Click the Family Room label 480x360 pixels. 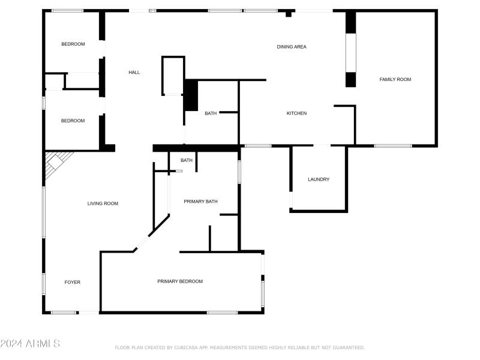[395, 79]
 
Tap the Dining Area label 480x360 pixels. [292, 47]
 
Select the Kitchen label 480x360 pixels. [296, 113]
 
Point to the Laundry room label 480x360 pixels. [319, 179]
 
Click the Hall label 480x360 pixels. [134, 73]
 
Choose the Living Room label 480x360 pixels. [103, 203]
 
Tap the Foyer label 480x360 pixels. [73, 282]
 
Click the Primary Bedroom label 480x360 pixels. [180, 281]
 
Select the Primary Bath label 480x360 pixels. [200, 202]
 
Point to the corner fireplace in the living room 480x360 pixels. [58, 160]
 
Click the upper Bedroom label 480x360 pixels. [73, 44]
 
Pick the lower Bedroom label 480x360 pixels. [73, 121]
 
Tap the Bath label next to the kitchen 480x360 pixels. [211, 113]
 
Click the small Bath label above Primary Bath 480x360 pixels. [187, 160]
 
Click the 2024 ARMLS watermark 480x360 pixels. [30, 344]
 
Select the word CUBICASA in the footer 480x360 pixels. [187, 347]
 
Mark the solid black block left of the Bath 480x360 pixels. [191, 95]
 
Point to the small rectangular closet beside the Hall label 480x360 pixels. [173, 76]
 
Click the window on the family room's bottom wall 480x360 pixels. [393, 145]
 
